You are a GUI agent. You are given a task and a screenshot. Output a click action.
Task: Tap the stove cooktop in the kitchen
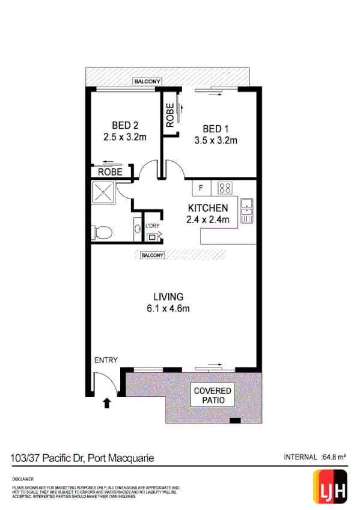(x=225, y=188)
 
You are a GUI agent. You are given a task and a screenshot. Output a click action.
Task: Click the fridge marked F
(x=201, y=188)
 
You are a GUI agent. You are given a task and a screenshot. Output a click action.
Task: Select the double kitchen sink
(x=246, y=207)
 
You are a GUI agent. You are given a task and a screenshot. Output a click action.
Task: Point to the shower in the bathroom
(x=103, y=193)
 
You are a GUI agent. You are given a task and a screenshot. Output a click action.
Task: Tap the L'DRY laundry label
(x=153, y=226)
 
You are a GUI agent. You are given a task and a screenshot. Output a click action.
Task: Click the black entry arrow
(x=108, y=403)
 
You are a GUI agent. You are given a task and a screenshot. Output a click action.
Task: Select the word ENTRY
(x=106, y=360)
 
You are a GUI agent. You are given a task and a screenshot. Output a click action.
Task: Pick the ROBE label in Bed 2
(x=110, y=172)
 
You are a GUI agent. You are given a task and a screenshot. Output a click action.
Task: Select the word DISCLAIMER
(x=23, y=479)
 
